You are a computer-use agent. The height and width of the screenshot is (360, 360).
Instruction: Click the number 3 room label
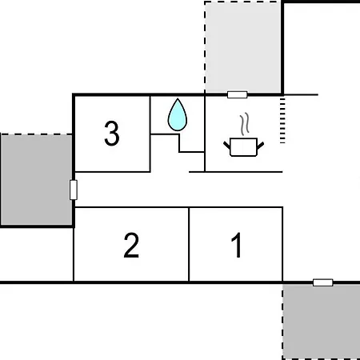[x=112, y=134]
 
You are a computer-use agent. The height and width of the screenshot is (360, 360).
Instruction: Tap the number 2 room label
[x=131, y=245]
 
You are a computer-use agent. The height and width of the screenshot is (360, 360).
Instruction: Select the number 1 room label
[x=237, y=245]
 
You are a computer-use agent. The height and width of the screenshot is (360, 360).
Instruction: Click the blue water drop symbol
[x=178, y=115]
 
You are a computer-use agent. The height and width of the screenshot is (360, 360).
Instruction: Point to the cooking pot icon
[x=243, y=147]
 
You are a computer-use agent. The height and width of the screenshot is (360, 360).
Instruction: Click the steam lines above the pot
[x=245, y=124]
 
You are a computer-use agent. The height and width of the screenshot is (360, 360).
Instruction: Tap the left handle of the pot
[x=226, y=145]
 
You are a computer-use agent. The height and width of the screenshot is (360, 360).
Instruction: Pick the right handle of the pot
[x=260, y=146]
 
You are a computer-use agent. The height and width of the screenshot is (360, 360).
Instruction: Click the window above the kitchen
[x=238, y=94]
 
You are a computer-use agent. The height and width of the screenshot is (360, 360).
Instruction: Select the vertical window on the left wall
[x=74, y=190]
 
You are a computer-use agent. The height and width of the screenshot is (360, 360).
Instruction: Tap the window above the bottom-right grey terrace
[x=323, y=282]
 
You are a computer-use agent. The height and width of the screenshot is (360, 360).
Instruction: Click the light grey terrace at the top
[x=242, y=47]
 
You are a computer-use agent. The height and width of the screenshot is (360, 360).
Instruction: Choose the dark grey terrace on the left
[x=36, y=180]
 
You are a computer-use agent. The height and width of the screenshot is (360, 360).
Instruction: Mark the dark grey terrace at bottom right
[x=321, y=322]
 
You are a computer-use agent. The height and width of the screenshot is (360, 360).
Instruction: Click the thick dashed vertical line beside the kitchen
[x=282, y=121]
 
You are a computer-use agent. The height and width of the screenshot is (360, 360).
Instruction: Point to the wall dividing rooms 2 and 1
[x=189, y=244]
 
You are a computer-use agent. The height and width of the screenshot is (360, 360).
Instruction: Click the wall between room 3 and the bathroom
[x=150, y=134]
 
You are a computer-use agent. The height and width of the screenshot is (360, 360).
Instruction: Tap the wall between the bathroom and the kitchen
[x=205, y=134]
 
